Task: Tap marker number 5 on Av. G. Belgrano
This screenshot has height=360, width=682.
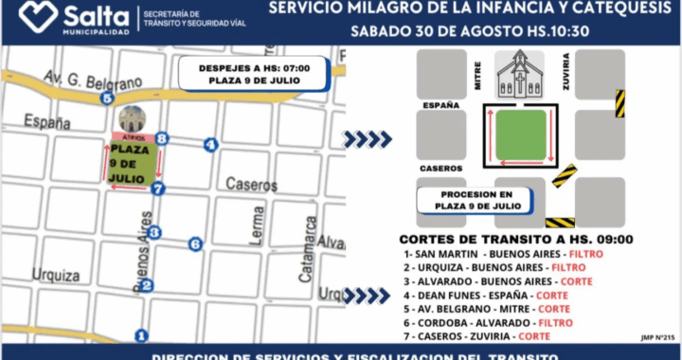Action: point(107,98)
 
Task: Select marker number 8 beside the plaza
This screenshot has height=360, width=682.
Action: point(163,138)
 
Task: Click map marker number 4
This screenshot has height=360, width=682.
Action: point(210,145)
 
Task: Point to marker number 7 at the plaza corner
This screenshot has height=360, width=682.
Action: point(158,189)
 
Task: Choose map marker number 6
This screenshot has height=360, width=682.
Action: point(195,244)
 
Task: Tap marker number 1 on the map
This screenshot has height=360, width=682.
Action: point(141,334)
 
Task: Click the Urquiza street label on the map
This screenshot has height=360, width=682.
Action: point(54,276)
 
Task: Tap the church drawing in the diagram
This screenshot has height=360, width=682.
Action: point(519,73)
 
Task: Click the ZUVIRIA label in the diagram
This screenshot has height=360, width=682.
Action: point(566,73)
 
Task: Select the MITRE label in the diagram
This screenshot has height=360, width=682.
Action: point(478,73)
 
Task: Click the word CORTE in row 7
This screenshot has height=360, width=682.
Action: point(535,336)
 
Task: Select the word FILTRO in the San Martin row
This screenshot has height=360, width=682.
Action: point(583,254)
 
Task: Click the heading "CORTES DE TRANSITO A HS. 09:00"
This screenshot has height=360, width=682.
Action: point(517,239)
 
